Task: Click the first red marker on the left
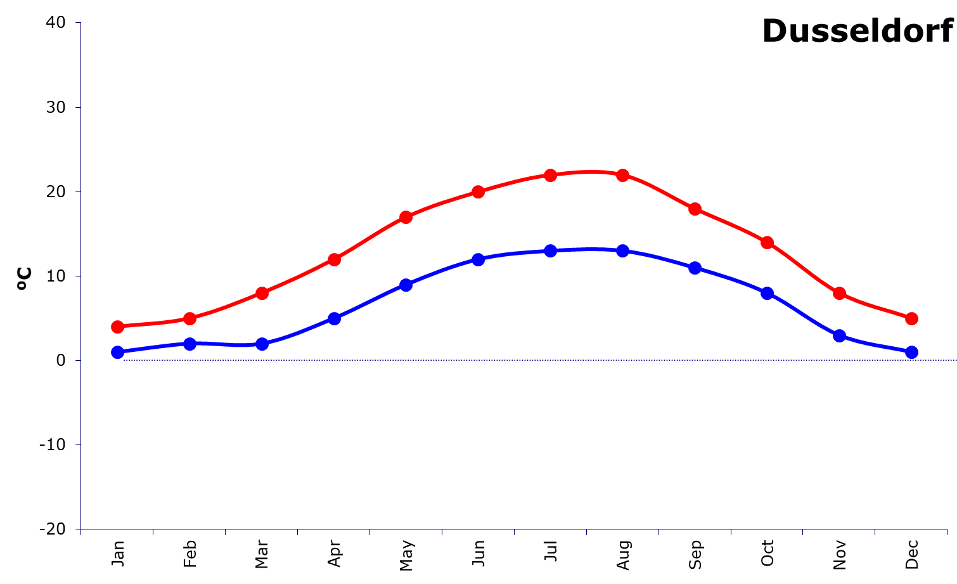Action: pyautogui.click(x=117, y=327)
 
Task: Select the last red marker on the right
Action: pyautogui.click(x=911, y=318)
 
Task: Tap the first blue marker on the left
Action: pyautogui.click(x=117, y=352)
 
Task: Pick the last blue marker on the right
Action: pyautogui.click(x=911, y=352)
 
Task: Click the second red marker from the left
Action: pyautogui.click(x=189, y=318)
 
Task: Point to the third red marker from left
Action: pyautogui.click(x=262, y=293)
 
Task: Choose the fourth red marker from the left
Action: pyautogui.click(x=334, y=259)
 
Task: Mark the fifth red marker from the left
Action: pyautogui.click(x=406, y=217)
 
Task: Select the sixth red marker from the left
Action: pyautogui.click(x=478, y=191)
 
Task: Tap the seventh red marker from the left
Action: pyautogui.click(x=551, y=175)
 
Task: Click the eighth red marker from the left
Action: pyautogui.click(x=623, y=175)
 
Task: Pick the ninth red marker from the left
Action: pyautogui.click(x=695, y=209)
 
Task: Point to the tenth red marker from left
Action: pyautogui.click(x=767, y=242)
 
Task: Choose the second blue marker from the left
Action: pyautogui.click(x=189, y=344)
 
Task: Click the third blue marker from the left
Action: pyautogui.click(x=262, y=344)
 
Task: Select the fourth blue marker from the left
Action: pyautogui.click(x=334, y=318)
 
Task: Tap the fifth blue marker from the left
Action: pyautogui.click(x=406, y=285)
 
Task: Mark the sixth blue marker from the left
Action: pyautogui.click(x=478, y=259)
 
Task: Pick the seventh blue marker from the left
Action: pyautogui.click(x=551, y=250)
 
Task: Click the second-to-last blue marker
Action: pyautogui.click(x=839, y=335)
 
